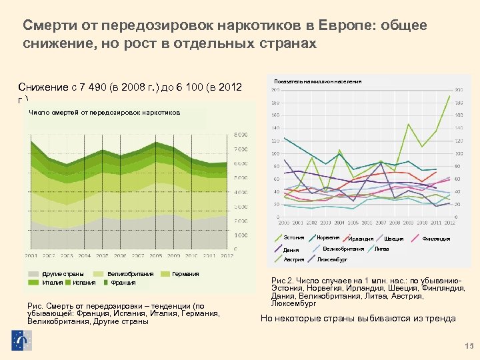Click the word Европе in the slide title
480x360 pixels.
pyautogui.click(x=345, y=25)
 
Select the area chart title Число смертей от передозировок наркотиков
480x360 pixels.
pyautogui.click(x=105, y=113)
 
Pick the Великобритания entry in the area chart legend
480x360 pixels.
pyautogui.click(x=130, y=274)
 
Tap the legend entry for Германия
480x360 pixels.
pyautogui.click(x=185, y=274)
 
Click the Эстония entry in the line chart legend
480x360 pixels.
pyautogui.click(x=294, y=238)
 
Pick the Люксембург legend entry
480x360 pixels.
pyautogui.click(x=332, y=259)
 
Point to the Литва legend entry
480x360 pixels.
pyautogui.click(x=382, y=249)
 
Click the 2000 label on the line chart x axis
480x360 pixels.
pyautogui.click(x=283, y=222)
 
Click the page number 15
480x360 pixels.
pyautogui.click(x=467, y=345)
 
